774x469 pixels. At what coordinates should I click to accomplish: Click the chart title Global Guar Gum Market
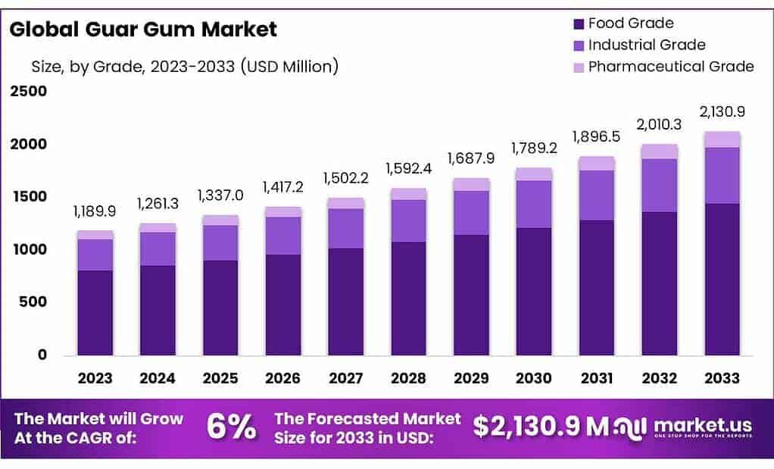pyautogui.click(x=143, y=30)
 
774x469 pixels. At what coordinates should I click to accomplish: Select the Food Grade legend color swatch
pyautogui.click(x=578, y=23)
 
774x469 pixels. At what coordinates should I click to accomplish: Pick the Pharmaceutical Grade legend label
pyautogui.click(x=670, y=67)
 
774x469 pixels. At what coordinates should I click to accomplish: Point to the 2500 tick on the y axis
pyautogui.click(x=28, y=92)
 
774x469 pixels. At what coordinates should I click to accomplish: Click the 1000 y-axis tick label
pyautogui.click(x=28, y=249)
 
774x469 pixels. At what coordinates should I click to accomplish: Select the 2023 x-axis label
pyautogui.click(x=95, y=378)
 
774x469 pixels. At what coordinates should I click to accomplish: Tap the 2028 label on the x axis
pyautogui.click(x=408, y=378)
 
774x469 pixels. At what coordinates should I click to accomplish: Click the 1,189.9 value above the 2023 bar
pyautogui.click(x=95, y=211)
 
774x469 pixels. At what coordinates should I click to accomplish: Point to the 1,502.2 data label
pyautogui.click(x=345, y=177)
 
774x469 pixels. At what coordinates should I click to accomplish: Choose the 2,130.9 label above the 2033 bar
pyautogui.click(x=721, y=111)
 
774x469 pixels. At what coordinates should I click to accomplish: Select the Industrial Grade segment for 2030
pyautogui.click(x=533, y=204)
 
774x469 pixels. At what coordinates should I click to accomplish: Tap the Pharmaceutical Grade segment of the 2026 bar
pyautogui.click(x=282, y=211)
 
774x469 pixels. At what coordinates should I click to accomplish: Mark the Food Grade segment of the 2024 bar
pyautogui.click(x=158, y=310)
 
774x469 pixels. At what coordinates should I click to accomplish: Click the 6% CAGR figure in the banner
pyautogui.click(x=231, y=428)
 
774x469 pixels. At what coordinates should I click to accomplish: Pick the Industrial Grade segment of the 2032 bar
pyautogui.click(x=658, y=185)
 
